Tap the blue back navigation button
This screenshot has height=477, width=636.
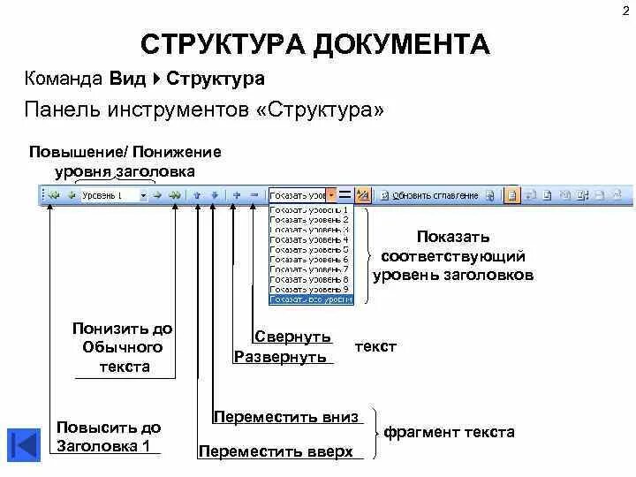coord(24,444)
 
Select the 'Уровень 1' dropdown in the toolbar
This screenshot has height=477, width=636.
coord(114,195)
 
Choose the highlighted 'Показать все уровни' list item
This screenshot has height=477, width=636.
coord(310,299)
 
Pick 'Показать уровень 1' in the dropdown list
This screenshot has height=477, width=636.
coord(310,209)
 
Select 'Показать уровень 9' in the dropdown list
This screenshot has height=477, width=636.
coord(310,289)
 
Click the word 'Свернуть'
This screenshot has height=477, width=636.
coord(292,337)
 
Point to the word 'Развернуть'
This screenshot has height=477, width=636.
coord(281,357)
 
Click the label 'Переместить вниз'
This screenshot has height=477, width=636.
coord(286,417)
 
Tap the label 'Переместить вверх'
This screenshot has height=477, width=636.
coord(276,451)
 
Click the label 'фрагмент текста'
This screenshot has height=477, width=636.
coord(449,433)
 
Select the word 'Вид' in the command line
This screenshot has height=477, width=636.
coord(128,79)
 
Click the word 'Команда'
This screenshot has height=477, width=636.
coord(64,79)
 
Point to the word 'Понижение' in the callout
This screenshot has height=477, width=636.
coord(177,152)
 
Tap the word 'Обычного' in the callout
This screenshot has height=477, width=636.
coord(123,347)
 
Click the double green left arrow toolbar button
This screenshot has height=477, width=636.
coord(54,195)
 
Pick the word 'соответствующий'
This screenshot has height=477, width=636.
coord(453,256)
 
